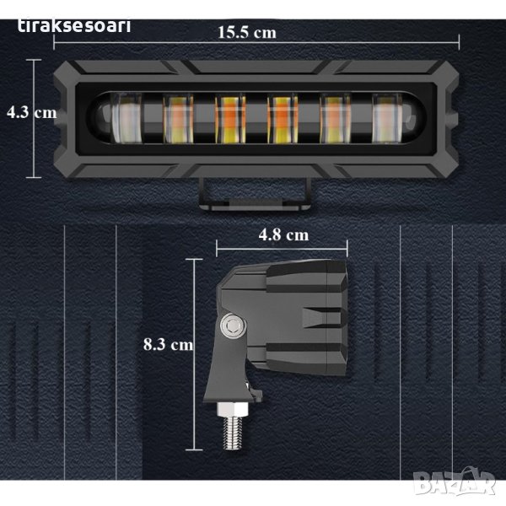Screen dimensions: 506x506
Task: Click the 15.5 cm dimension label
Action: pyautogui.click(x=247, y=33)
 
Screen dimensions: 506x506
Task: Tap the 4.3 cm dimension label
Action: pyautogui.click(x=32, y=112)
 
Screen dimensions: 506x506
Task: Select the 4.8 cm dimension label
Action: pyautogui.click(x=283, y=235)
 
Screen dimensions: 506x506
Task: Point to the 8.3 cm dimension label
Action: pyautogui.click(x=168, y=344)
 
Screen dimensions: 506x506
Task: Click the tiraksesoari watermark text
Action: pyautogui.click(x=74, y=26)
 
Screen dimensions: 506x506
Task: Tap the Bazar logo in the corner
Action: pyautogui.click(x=455, y=482)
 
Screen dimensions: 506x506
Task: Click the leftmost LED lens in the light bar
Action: pyautogui.click(x=126, y=118)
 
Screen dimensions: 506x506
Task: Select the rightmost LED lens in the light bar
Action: pyautogui.click(x=387, y=118)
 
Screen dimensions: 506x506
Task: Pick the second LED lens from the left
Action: pyautogui.click(x=179, y=118)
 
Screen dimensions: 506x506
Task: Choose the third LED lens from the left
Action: pyautogui.click(x=231, y=118)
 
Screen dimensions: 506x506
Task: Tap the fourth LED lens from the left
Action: pyautogui.click(x=283, y=118)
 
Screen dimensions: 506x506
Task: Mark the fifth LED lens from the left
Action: pyautogui.click(x=335, y=118)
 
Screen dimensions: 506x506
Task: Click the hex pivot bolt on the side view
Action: pyautogui.click(x=233, y=326)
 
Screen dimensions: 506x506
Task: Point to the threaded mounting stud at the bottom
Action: pyautogui.click(x=233, y=432)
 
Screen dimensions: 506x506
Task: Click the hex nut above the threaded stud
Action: pyautogui.click(x=233, y=409)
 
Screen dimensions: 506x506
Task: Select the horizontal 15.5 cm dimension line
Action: pyautogui.click(x=256, y=42)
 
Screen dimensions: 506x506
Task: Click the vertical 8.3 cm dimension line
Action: pyautogui.click(x=194, y=354)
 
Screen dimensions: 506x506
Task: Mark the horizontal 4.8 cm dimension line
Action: pyautogui.click(x=282, y=249)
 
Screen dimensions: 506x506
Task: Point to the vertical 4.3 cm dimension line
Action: pyautogui.click(x=34, y=118)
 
